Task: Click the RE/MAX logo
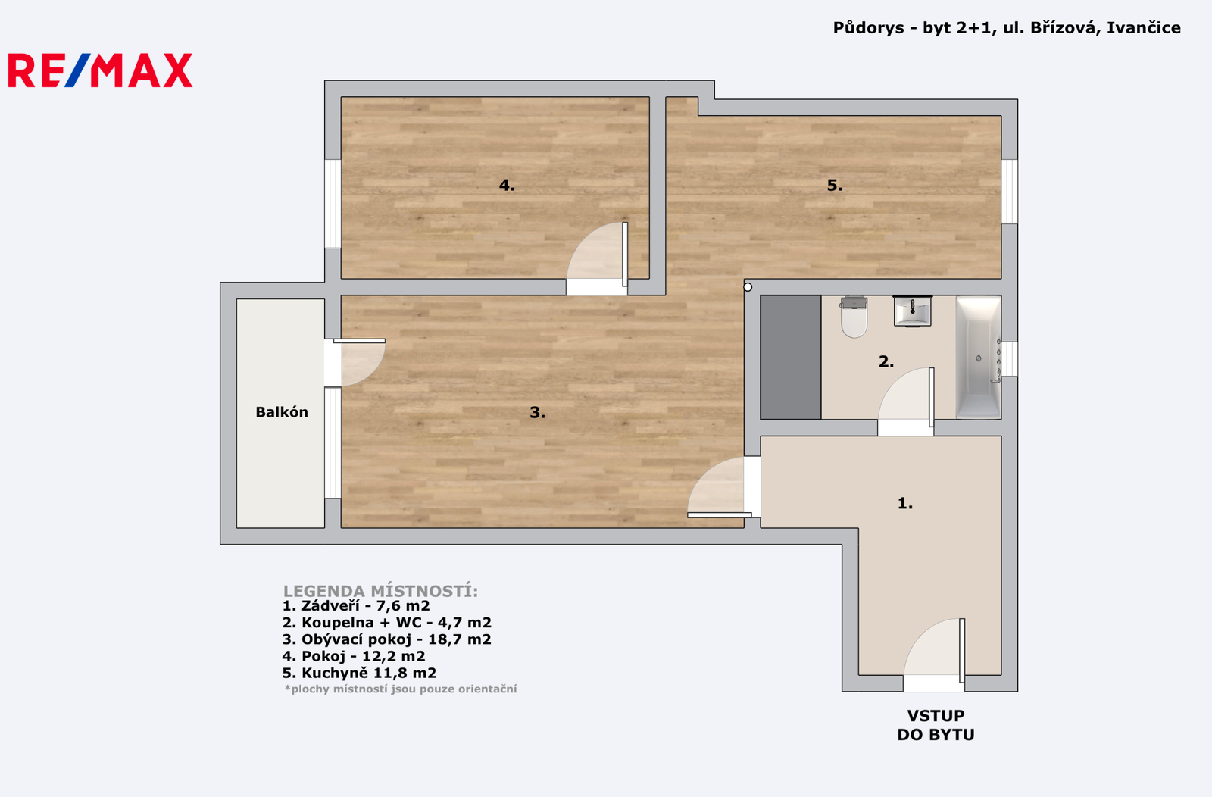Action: tap(100, 70)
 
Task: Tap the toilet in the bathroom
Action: tap(854, 317)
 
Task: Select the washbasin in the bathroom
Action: tap(912, 311)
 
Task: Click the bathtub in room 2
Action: tap(979, 357)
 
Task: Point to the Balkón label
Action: tap(282, 412)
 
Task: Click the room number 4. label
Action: tap(507, 186)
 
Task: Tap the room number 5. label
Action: tap(835, 186)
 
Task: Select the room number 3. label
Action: tap(537, 413)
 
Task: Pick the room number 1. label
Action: tap(905, 503)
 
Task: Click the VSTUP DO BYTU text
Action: tap(936, 725)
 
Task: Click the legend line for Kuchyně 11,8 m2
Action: tap(359, 673)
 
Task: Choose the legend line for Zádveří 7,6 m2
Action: tap(356, 606)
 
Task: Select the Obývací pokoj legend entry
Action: tap(387, 639)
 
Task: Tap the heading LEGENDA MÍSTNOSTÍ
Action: tap(381, 591)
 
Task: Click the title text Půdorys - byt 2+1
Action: tap(914, 27)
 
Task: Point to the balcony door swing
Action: tap(360, 361)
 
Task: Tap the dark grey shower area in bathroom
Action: tap(791, 357)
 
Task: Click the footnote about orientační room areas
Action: tap(401, 689)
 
